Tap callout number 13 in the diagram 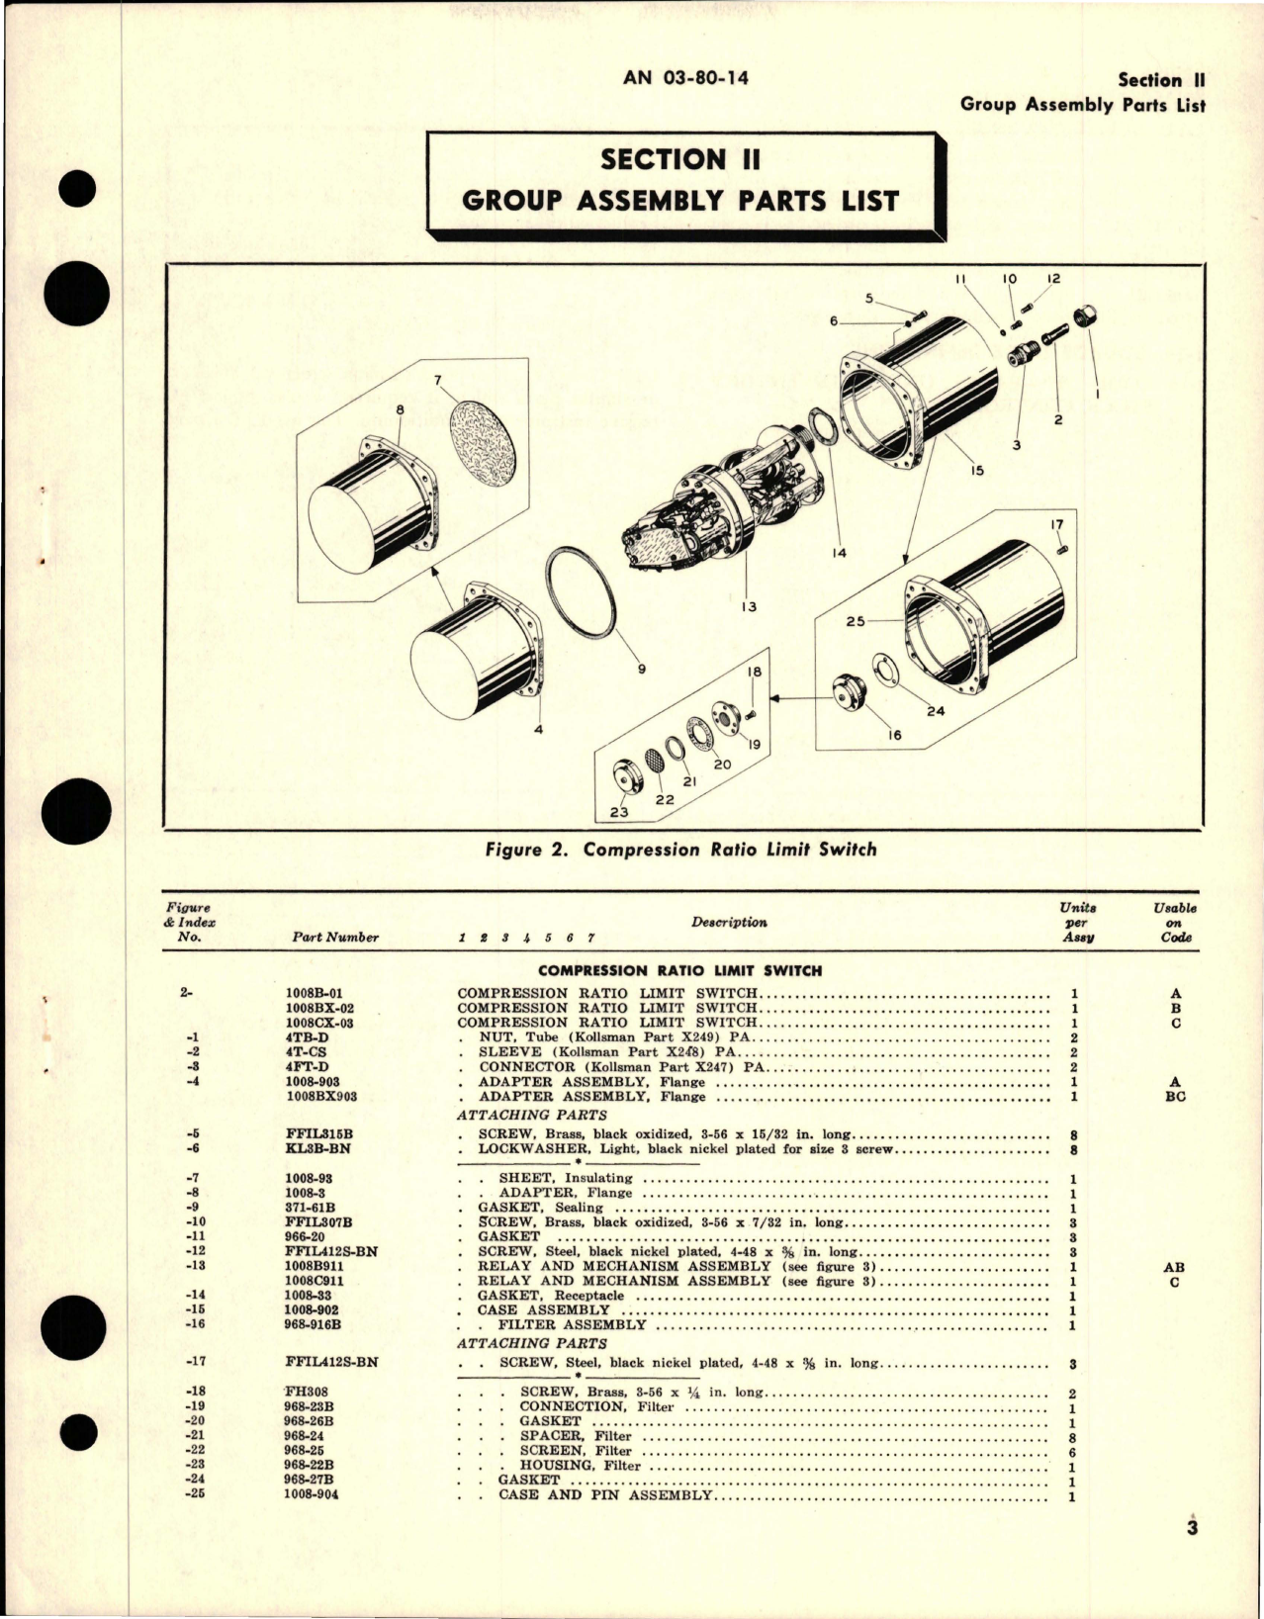[749, 605]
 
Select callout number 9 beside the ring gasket [641, 669]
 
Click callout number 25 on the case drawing [856, 620]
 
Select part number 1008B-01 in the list [313, 993]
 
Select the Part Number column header [335, 938]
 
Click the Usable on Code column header [1174, 922]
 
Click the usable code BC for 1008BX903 [1175, 1097]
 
